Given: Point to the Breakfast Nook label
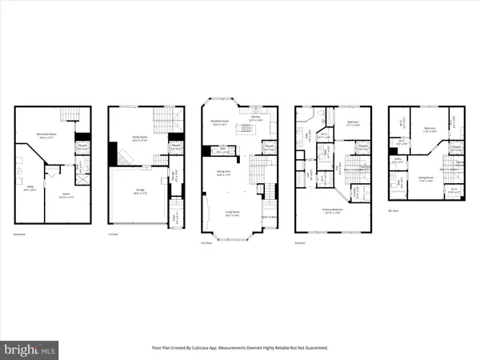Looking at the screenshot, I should (221, 122).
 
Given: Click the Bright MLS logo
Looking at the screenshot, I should (30, 349).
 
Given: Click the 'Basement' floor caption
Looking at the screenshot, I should (19, 234).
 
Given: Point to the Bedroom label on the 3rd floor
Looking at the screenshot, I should (353, 123).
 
